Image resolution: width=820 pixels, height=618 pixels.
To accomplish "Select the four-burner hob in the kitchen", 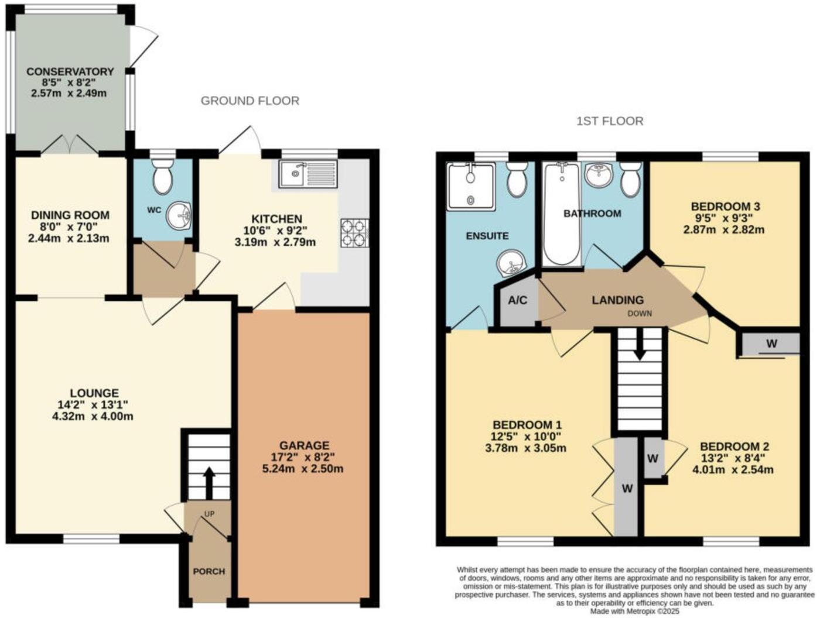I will pos(355,232).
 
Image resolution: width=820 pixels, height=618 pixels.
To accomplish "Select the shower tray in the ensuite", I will pos(470,186).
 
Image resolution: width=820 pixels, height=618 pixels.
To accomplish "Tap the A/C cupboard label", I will pos(517,301).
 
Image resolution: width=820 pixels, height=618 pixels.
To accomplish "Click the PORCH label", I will pos(209,571).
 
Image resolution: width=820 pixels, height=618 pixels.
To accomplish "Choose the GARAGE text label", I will pos(304,445).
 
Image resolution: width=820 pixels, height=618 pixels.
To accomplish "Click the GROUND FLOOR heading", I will pos(250,101).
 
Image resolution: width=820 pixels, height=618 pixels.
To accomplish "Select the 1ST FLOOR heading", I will pos(610,121).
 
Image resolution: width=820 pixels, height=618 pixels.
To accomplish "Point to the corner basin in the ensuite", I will pos(512,263).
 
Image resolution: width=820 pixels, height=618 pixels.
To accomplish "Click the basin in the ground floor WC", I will pos(179,217).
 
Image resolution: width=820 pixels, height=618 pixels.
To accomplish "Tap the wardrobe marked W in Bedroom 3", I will pos(771,344).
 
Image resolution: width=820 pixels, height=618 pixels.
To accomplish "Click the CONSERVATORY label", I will pos(70,71).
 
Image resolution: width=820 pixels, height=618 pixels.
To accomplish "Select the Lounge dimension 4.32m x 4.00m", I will pos(93,417).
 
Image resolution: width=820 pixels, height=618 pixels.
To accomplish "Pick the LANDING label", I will pos(617,300).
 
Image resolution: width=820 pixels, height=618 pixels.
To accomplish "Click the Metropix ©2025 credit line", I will pos(634,611).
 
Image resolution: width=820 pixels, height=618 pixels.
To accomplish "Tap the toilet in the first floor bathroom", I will pos(631,180).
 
